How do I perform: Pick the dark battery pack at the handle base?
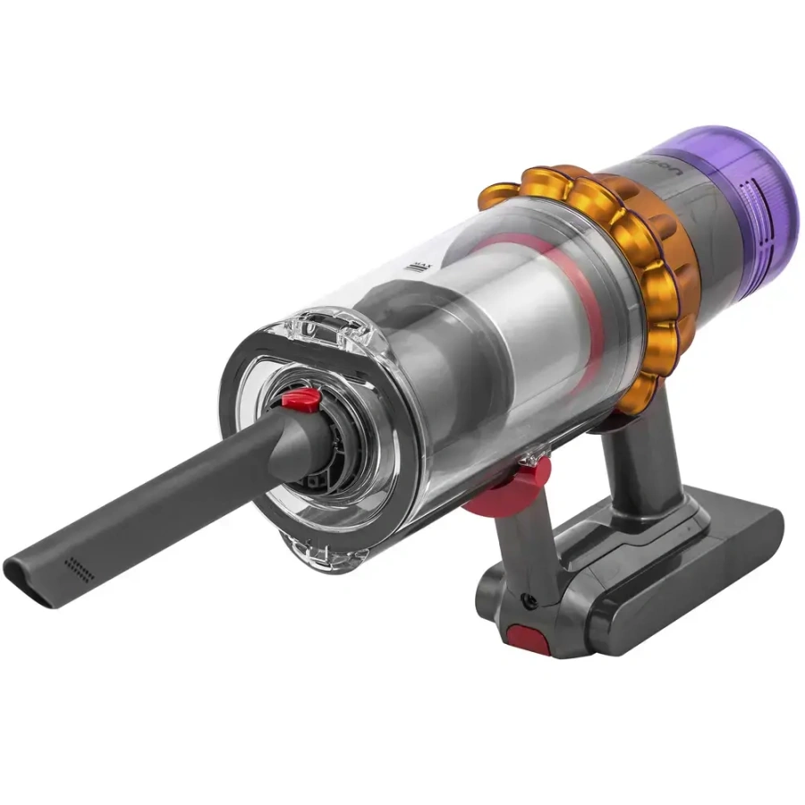662,572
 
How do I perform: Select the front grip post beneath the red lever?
528,546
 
